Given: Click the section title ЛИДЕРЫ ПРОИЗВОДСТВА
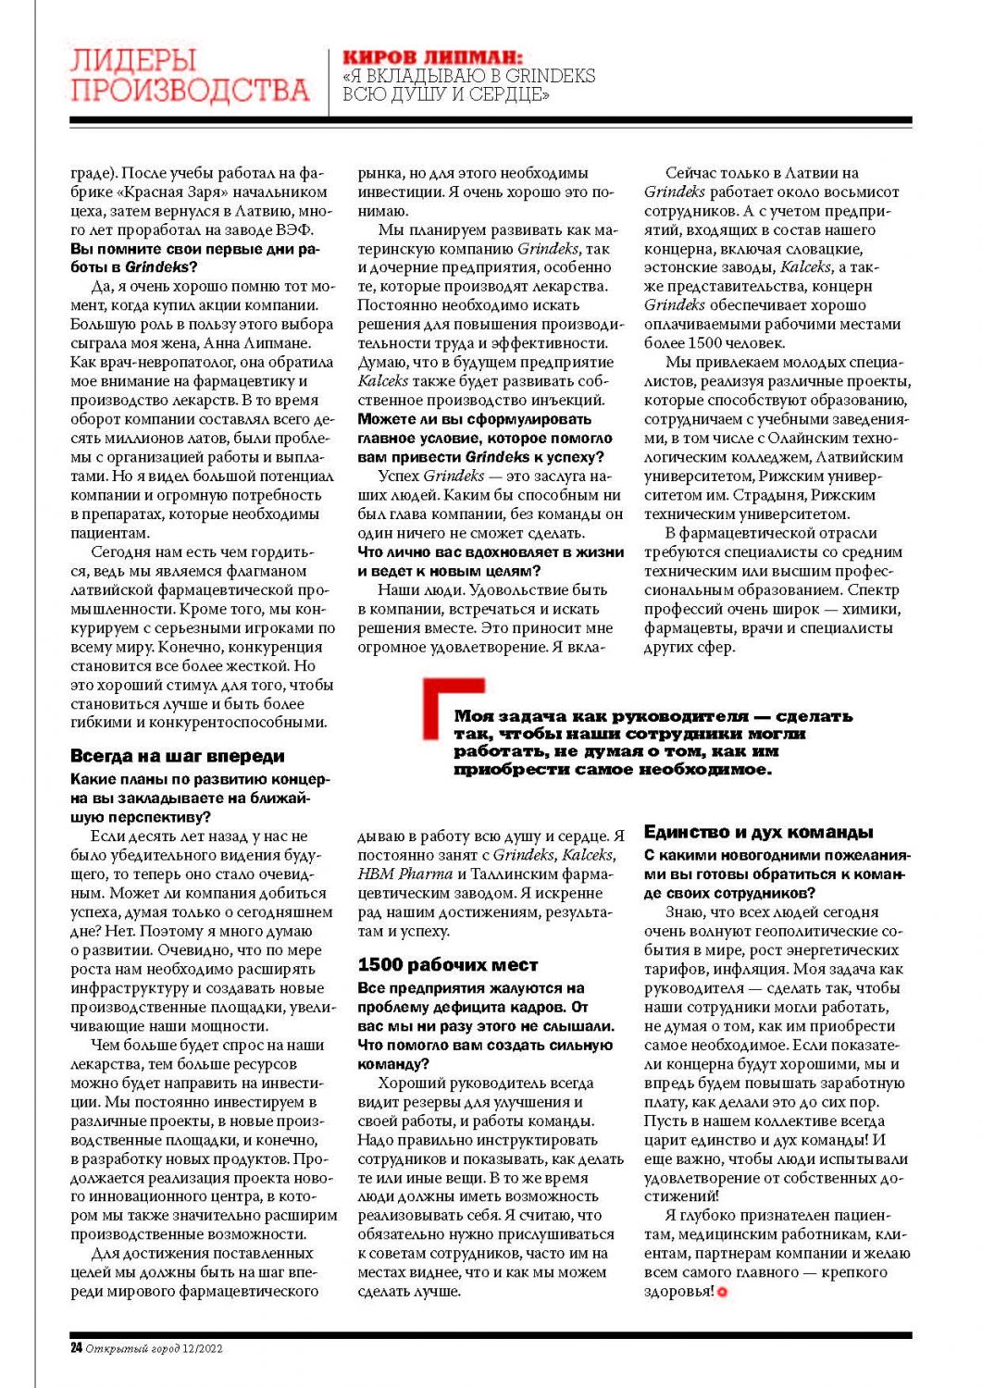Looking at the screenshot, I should pos(189,76).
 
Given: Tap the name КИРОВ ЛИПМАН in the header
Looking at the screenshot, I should pos(432,57).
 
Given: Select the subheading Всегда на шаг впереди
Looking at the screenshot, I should pos(178,756).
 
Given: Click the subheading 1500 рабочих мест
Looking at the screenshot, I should pos(448,965).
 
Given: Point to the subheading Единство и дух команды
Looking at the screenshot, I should pos(759,832).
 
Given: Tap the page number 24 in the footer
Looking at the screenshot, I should pos(76,1348).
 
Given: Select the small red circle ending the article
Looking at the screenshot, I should pos(723,1292).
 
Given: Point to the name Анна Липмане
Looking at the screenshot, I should pos(258,343).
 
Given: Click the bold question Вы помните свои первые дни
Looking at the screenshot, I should pos(194,249).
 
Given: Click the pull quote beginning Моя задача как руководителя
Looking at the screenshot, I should pos(653,742).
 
